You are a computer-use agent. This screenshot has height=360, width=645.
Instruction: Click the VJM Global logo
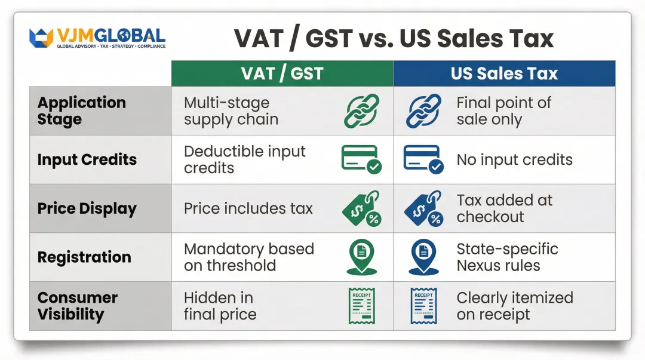coord(97,38)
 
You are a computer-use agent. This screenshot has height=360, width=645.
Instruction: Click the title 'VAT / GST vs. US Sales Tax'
coord(394,39)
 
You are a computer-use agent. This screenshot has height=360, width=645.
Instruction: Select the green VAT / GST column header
coord(282,73)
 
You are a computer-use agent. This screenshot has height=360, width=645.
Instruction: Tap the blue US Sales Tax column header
coord(504,73)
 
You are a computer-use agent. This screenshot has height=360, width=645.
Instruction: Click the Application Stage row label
coord(82,110)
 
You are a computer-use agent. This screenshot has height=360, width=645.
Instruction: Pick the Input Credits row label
coord(87,159)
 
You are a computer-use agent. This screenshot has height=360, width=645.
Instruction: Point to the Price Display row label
coord(87,208)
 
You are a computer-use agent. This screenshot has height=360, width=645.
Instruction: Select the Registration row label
coord(84,257)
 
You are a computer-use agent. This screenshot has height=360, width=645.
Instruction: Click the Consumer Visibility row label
coord(78,306)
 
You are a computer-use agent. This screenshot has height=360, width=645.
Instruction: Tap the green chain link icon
coord(361,111)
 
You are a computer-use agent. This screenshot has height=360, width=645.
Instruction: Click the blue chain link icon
coord(423,111)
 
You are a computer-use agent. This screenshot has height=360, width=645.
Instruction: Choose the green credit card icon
coord(361,159)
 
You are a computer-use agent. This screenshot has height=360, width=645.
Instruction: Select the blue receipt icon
coord(423,306)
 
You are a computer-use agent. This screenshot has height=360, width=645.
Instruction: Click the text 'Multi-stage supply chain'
coord(231,110)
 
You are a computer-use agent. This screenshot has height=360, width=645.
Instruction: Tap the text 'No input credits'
coord(514,159)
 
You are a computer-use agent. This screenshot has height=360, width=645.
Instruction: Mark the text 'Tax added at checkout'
coord(504,208)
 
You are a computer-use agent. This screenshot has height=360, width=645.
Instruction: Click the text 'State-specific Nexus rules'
coord(507,257)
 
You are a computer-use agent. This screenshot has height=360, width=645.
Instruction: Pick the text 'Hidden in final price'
coord(220,306)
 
